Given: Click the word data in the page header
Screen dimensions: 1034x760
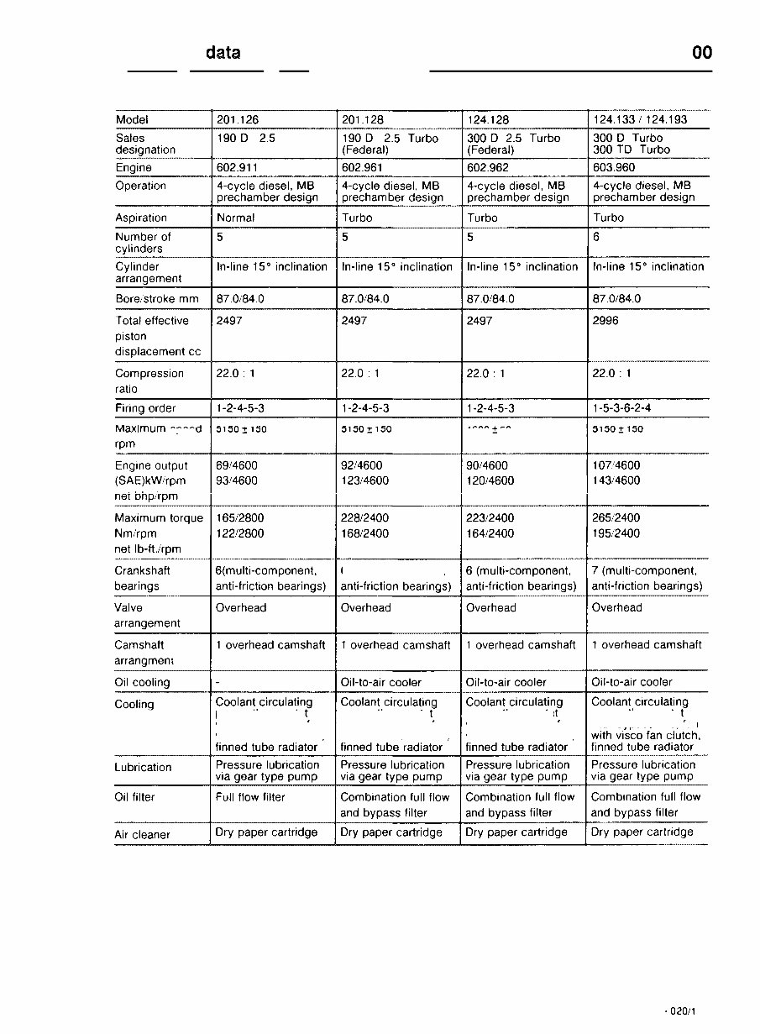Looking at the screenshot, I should click(x=223, y=53).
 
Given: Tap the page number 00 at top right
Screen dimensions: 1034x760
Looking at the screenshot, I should click(x=702, y=53).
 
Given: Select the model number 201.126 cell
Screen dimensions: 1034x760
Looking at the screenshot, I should click(x=238, y=119).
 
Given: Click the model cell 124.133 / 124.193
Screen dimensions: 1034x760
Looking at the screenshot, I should click(x=639, y=119).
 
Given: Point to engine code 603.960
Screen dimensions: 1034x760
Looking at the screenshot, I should click(x=614, y=167).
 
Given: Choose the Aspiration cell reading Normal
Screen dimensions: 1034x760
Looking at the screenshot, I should click(x=235, y=218).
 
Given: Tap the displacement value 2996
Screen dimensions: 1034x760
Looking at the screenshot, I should click(x=605, y=321).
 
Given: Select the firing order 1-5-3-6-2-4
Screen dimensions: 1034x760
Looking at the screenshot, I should click(x=621, y=408).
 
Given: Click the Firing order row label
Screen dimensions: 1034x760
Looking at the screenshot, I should click(x=145, y=408).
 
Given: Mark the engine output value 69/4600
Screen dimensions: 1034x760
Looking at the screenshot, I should click(x=237, y=465).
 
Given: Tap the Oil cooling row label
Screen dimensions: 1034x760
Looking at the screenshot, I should click(x=142, y=683).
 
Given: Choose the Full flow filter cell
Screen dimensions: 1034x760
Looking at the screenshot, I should click(x=250, y=797).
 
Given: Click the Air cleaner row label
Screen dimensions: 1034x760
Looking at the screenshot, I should click(x=142, y=835).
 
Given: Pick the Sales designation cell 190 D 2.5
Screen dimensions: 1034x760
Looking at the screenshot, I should click(x=245, y=138).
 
